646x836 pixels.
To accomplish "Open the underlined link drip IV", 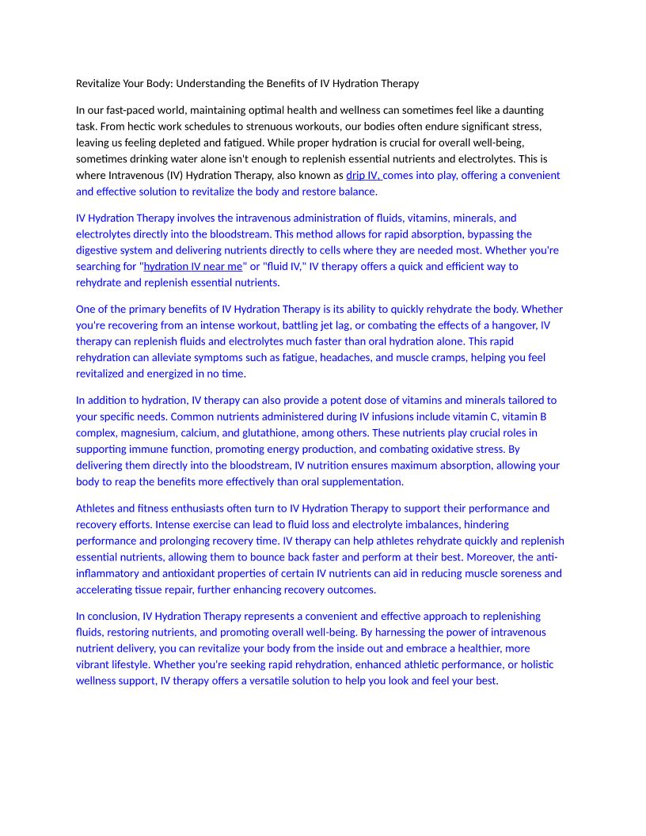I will [x=363, y=175].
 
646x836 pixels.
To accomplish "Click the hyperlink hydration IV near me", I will [x=192, y=266].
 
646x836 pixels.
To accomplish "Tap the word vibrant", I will [x=97, y=664].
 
